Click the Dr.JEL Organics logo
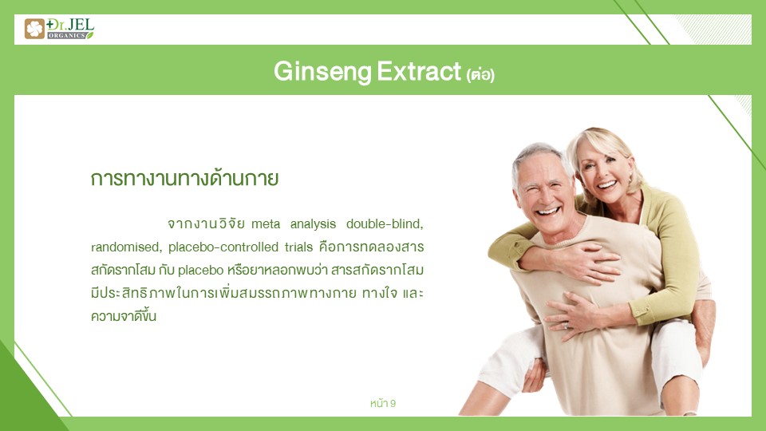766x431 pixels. tap(59, 29)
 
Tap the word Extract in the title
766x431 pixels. tap(419, 71)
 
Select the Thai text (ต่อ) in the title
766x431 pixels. tap(480, 75)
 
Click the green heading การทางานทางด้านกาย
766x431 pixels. tap(184, 178)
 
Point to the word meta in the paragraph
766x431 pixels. tap(266, 224)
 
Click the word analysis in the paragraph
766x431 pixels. tap(313, 224)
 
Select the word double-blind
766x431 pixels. tap(385, 223)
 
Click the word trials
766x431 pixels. tap(298, 247)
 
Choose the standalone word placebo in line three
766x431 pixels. tap(200, 271)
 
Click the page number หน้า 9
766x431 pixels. tap(383, 403)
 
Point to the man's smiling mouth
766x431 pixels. tap(547, 212)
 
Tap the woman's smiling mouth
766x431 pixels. tap(606, 184)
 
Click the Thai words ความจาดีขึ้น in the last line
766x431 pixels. tap(124, 316)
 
